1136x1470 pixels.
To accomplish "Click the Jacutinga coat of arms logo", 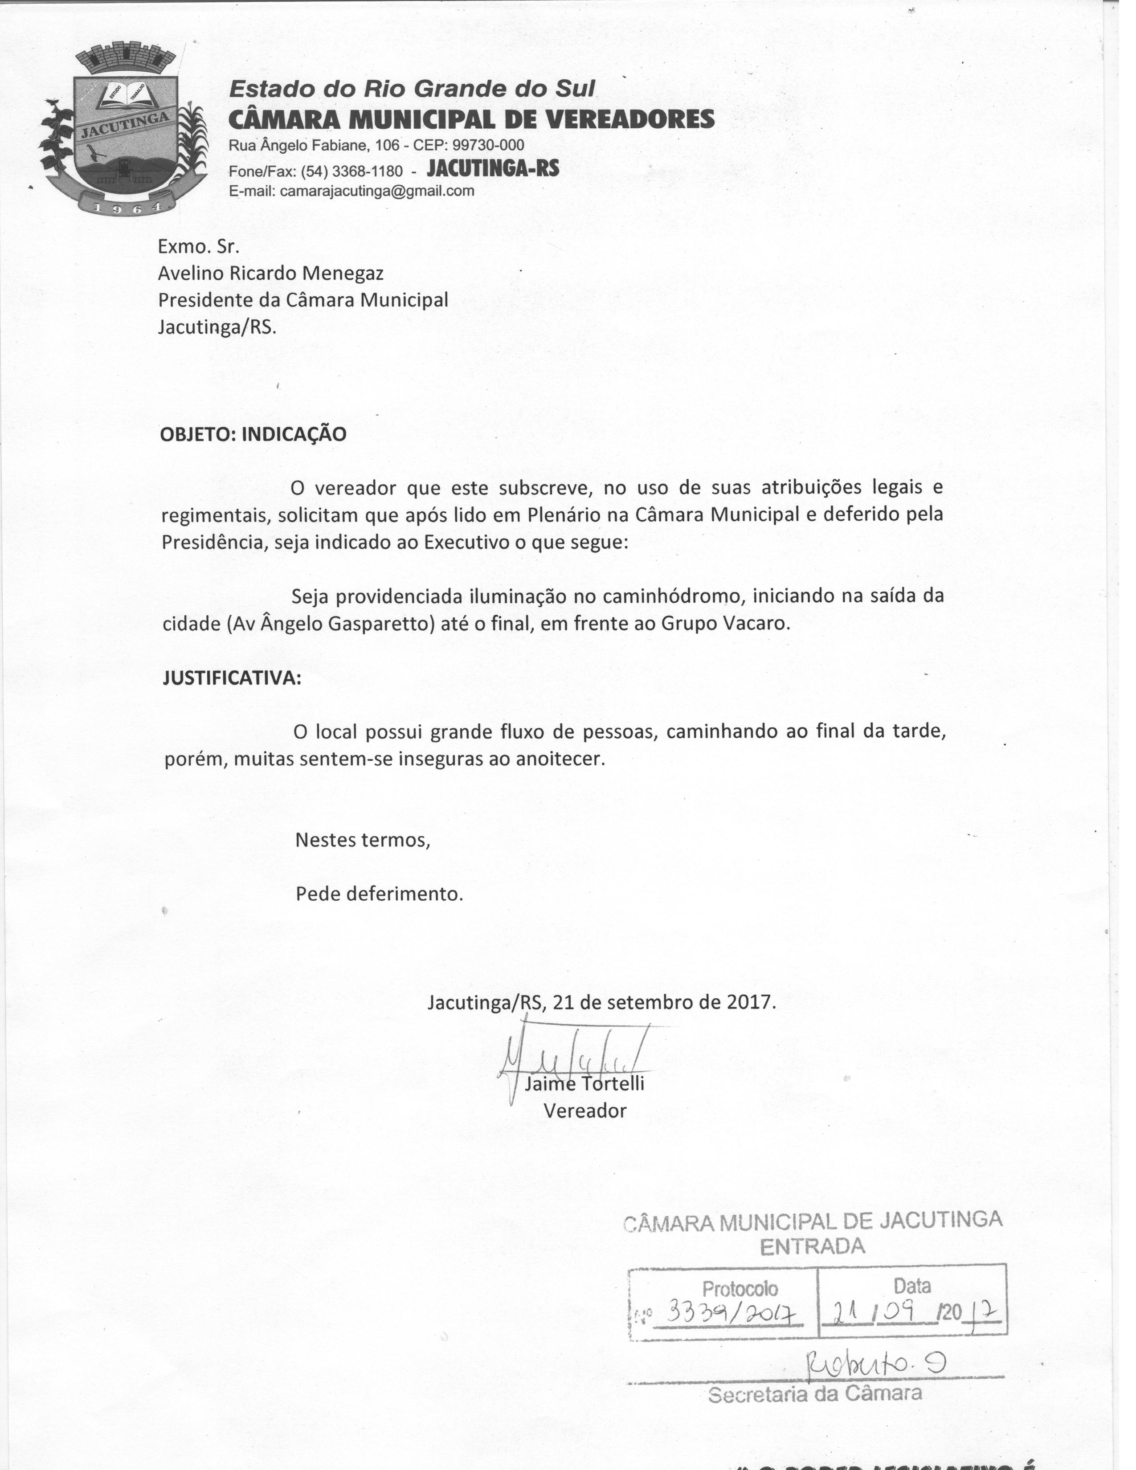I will coord(121,128).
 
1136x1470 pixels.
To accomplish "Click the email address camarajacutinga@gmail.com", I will coord(377,191).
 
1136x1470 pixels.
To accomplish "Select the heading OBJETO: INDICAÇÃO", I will coord(253,434).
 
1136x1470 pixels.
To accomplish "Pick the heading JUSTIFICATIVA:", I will coord(232,678).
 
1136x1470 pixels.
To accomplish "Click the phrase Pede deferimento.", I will coord(380,894).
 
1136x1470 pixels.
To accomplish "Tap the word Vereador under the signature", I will coord(585,1111).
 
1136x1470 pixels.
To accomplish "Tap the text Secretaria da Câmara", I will coord(814,1393).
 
